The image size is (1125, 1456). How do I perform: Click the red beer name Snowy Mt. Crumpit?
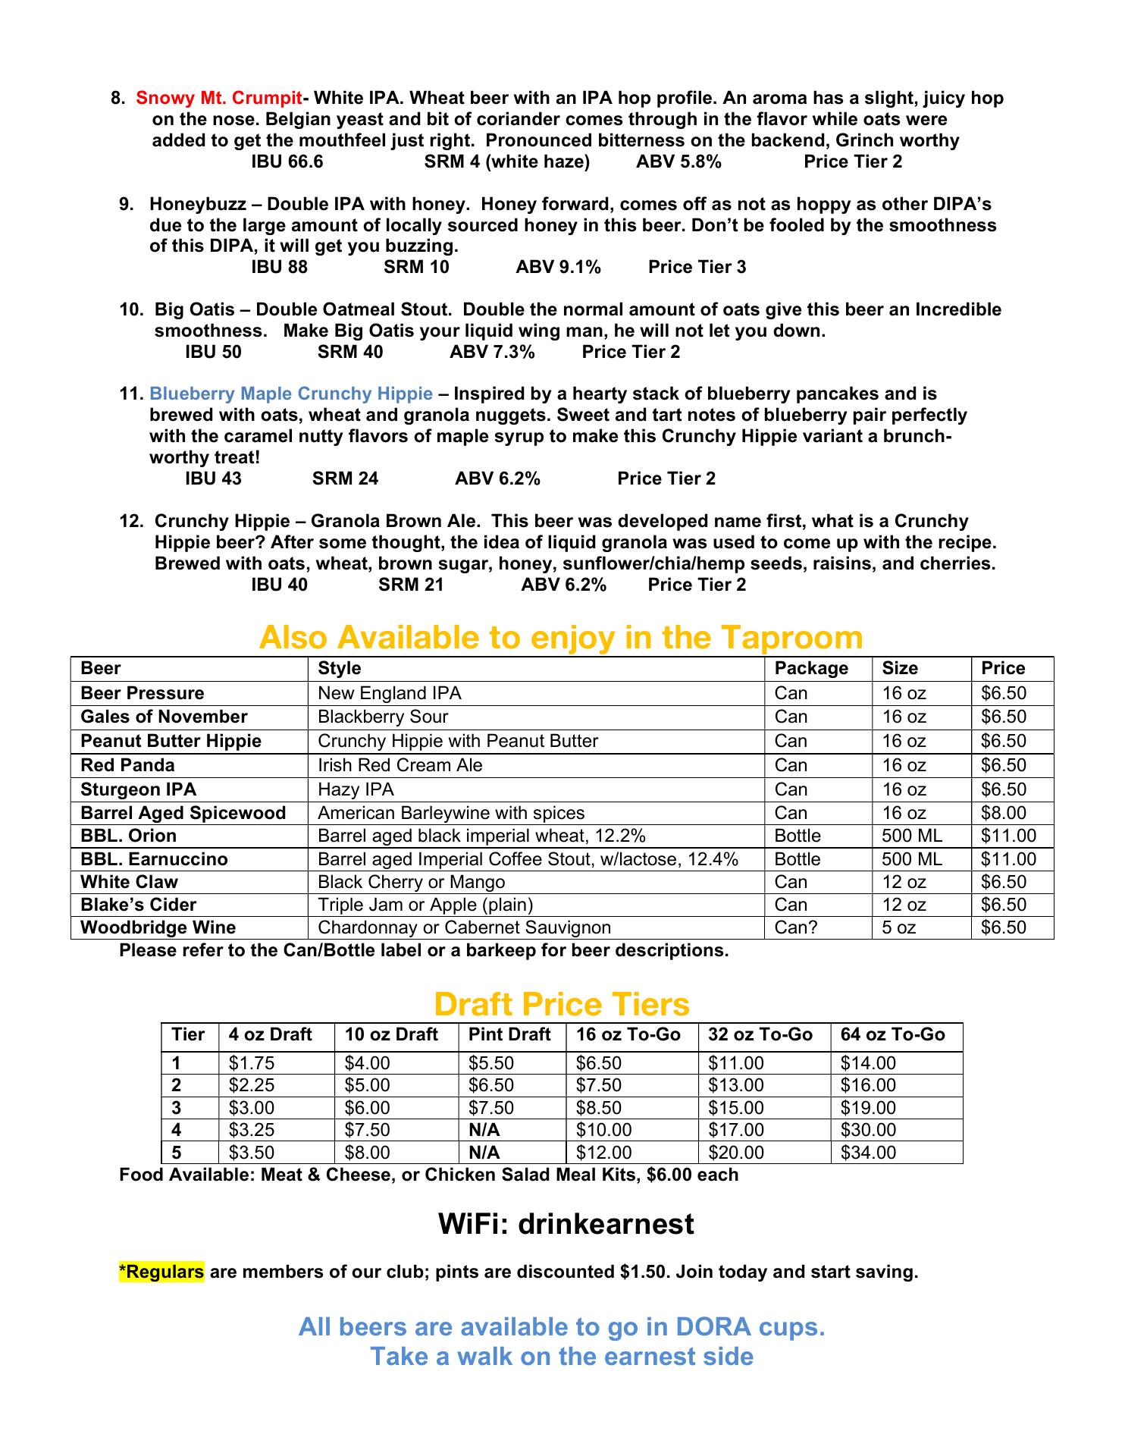coord(218,98)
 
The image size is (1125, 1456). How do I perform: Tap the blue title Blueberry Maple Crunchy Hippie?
coord(291,394)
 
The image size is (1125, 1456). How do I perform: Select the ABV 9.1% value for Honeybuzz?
coord(558,267)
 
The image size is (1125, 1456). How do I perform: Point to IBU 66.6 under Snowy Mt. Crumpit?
coord(287,162)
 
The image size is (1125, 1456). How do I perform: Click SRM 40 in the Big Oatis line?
coord(350,352)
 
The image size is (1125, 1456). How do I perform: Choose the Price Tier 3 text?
coord(697,267)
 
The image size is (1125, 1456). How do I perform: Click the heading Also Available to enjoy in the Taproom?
coord(561,637)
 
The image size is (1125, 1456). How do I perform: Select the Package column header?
coord(811,668)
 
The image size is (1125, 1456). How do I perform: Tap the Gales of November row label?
coord(164,717)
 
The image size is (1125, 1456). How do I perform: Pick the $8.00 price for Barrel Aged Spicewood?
coord(1004,813)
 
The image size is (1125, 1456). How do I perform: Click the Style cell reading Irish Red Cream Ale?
coord(400,765)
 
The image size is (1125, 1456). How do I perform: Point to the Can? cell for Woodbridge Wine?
coord(796,927)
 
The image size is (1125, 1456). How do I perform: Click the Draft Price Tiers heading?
coord(562,1004)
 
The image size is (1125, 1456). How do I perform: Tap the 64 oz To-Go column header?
coord(892,1034)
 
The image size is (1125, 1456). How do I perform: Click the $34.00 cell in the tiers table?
coord(868,1153)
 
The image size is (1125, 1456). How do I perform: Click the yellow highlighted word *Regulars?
coord(161,1272)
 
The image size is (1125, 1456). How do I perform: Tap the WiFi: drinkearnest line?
coord(566,1224)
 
